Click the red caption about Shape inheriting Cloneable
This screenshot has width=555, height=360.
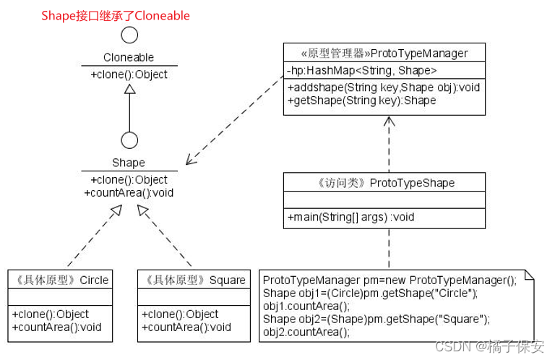(116, 15)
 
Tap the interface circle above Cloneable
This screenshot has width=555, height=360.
(129, 35)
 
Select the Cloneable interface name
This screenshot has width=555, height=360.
(129, 57)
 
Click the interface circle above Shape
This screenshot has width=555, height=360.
(129, 140)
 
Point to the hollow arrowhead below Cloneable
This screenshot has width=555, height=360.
(129, 88)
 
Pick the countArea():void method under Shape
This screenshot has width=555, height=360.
(129, 192)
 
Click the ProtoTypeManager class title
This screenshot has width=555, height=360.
(384, 53)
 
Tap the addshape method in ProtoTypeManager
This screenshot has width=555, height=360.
(384, 87)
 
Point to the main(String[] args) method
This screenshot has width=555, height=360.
(350, 217)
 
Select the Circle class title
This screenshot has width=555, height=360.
(59, 280)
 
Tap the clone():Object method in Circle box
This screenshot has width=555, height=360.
(50, 314)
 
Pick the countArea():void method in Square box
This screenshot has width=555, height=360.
(186, 327)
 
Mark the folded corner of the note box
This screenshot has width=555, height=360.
(530, 275)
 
